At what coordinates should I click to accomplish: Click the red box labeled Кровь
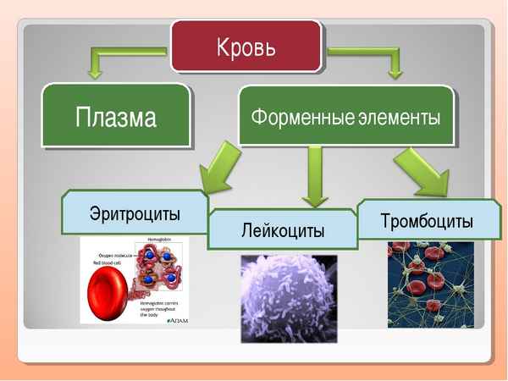tap(246, 45)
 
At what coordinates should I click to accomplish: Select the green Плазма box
tap(115, 116)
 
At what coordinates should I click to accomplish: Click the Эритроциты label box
tap(135, 212)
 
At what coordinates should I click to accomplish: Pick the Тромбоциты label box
tap(428, 221)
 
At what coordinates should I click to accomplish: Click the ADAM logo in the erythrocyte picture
tap(179, 320)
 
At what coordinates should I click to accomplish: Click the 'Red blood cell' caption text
tap(108, 262)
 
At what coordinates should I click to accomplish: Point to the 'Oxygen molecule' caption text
tap(117, 253)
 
